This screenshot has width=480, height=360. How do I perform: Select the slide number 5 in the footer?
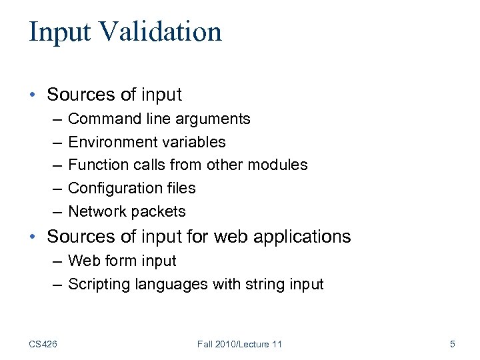coord(453,344)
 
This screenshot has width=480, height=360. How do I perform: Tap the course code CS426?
coord(43,344)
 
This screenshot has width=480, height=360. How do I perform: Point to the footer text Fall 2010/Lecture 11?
coord(239,344)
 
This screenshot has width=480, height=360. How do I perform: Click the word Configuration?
coord(111,189)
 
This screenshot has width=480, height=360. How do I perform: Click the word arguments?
coord(215,120)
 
